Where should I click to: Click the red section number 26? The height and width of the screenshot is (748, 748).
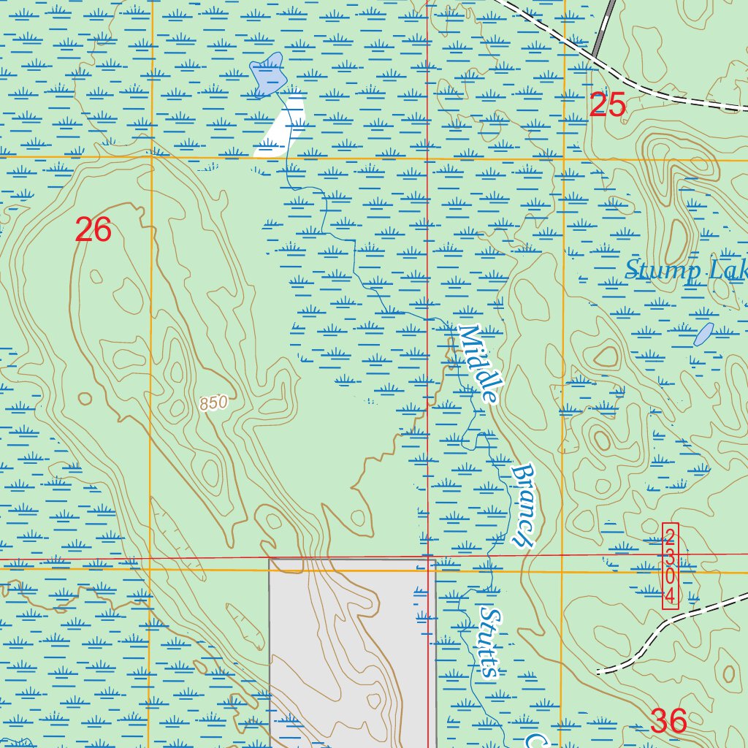[x=93, y=231]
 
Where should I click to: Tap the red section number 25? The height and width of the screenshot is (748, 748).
[x=607, y=107]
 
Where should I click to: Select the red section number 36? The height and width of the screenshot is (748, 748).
[x=668, y=722]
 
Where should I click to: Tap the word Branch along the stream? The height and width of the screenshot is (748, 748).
[x=524, y=505]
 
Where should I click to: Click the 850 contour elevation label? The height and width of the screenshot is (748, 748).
[x=213, y=402]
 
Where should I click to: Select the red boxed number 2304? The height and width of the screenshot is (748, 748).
[x=670, y=566]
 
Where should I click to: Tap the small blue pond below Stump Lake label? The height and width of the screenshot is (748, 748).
[x=703, y=334]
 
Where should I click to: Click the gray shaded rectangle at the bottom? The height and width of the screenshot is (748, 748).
[x=351, y=650]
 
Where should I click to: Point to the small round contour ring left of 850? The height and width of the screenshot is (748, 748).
[x=85, y=399]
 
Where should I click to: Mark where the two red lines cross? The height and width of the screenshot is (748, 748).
[x=427, y=559]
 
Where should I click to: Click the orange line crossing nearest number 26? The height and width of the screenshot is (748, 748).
[x=151, y=156]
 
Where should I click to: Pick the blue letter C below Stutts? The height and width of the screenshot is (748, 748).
[x=537, y=739]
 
